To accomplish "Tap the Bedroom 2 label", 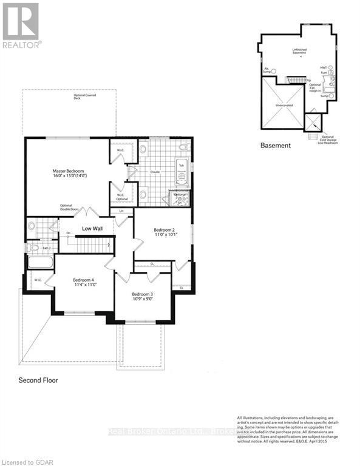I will coord(164,230).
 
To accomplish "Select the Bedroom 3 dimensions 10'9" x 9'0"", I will coord(144,299).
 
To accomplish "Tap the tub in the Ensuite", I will coord(182,173).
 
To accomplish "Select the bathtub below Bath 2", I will coord(40,262).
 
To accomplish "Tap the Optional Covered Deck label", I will coord(86,97).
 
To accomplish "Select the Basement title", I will coord(276,145).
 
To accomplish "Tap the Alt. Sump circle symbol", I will coord(273,71).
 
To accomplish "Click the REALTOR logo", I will coord(22,25).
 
